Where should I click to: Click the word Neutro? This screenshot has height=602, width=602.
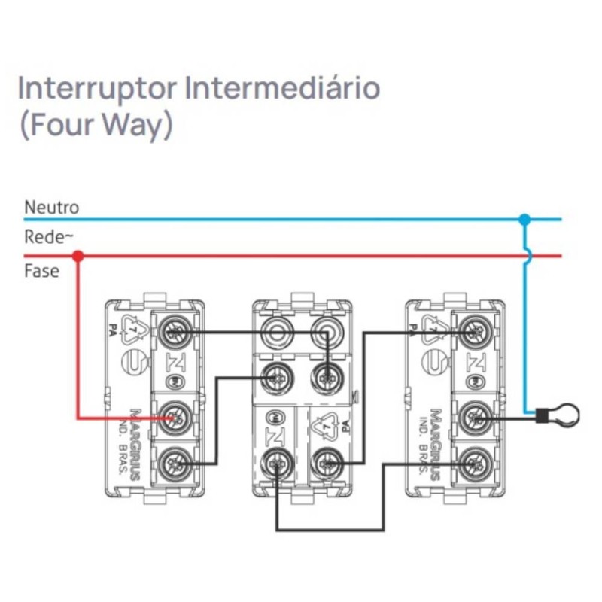[x=51, y=206]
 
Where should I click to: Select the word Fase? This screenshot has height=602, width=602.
[x=41, y=271]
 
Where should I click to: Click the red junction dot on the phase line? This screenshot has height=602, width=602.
[x=78, y=257]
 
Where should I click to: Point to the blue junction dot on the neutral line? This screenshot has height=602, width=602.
[x=524, y=220]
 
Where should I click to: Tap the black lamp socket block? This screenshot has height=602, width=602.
[x=540, y=414]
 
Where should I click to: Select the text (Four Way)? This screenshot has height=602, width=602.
[x=94, y=125]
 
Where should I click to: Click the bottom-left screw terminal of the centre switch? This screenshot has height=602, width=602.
[x=275, y=464]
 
